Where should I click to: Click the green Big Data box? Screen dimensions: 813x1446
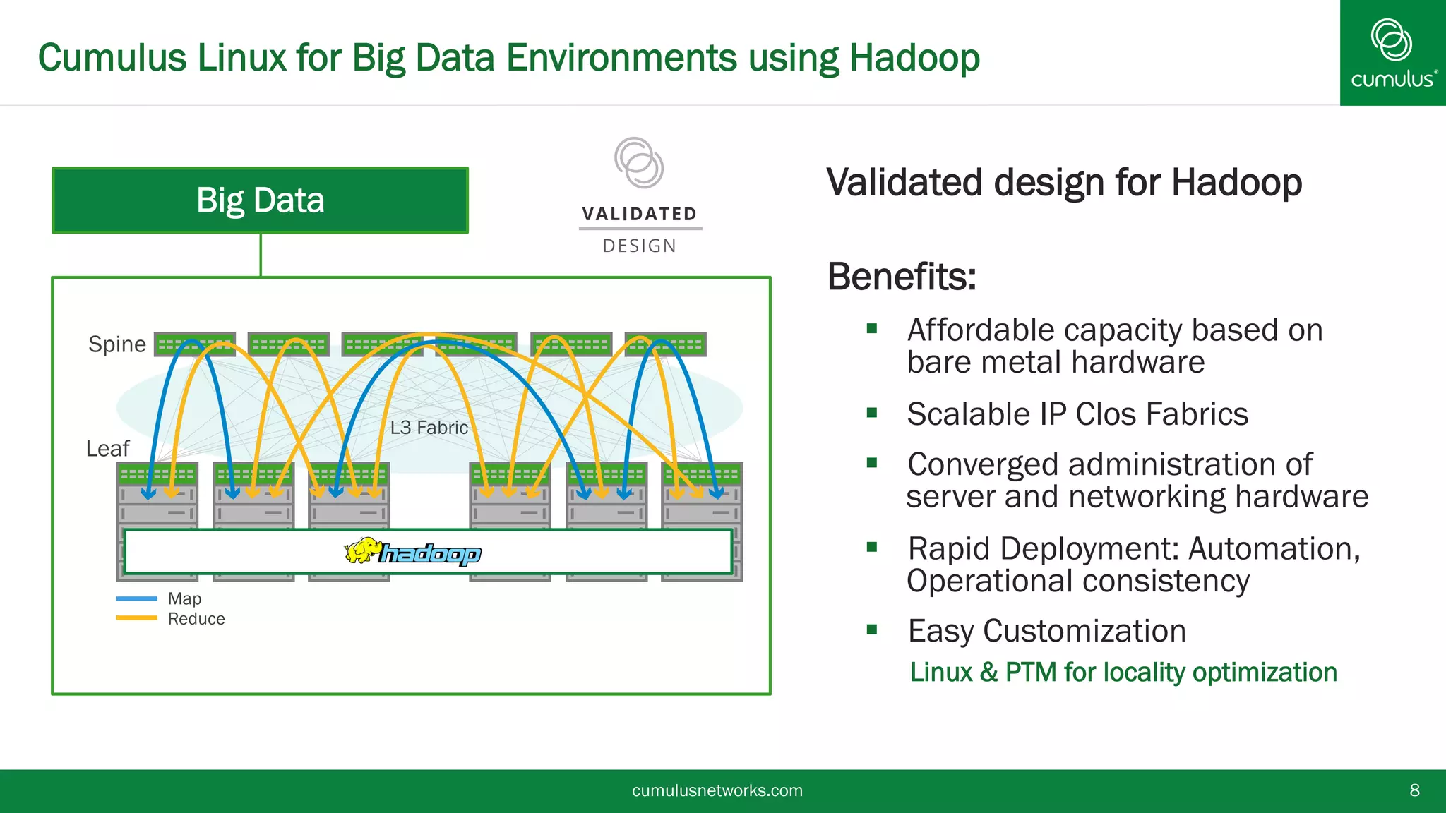[260, 200]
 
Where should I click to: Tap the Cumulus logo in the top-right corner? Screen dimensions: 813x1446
[1392, 53]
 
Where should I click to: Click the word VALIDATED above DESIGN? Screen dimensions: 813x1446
[640, 214]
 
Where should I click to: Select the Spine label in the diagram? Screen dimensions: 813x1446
[116, 344]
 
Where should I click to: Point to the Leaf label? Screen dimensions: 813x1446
[107, 449]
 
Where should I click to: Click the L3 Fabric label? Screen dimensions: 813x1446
[429, 428]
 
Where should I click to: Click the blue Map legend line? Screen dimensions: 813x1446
[136, 598]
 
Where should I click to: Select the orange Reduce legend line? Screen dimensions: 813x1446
[136, 618]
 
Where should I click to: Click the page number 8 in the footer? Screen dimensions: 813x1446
[1414, 790]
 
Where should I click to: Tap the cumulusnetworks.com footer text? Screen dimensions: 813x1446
[717, 790]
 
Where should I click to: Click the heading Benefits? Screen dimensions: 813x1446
[902, 277]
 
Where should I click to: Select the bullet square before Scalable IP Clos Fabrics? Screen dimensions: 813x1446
[872, 413]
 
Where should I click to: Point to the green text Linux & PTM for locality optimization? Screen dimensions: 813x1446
[1123, 672]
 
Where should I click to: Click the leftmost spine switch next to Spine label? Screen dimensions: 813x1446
[194, 344]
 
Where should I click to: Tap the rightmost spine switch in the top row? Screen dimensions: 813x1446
[665, 344]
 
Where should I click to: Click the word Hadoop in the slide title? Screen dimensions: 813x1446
[914, 58]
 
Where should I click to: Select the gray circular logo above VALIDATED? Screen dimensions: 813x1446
[638, 162]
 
